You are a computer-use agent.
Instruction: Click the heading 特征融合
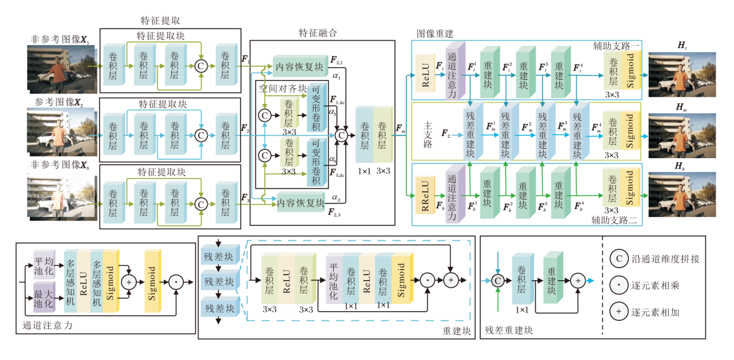(318, 33)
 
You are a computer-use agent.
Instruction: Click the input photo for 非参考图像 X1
(57, 67)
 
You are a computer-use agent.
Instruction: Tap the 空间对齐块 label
(281, 88)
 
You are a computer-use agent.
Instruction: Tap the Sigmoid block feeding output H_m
(630, 131)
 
